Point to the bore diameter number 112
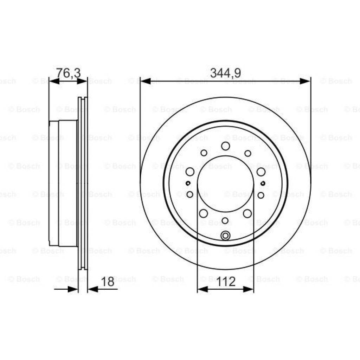(x=225, y=282)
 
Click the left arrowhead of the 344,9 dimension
(x=145, y=81)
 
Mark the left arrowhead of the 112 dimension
(x=202, y=289)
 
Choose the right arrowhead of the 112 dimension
(x=248, y=289)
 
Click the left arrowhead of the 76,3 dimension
(x=54, y=81)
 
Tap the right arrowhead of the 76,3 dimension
(x=82, y=81)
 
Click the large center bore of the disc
(x=225, y=184)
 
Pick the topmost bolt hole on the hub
(x=225, y=146)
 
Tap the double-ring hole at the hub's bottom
(x=225, y=236)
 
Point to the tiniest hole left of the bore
(x=188, y=183)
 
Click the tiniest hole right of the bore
(x=263, y=183)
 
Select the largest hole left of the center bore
(x=190, y=172)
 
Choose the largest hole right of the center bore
(x=261, y=172)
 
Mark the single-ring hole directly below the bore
(x=225, y=221)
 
